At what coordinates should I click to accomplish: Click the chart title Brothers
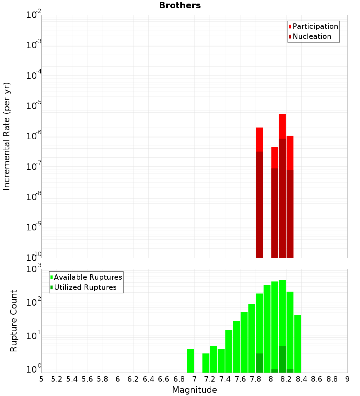pyautogui.click(x=180, y=6)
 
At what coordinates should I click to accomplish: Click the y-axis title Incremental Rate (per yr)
pyautogui.click(x=7, y=136)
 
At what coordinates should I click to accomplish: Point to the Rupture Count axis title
pyautogui.click(x=14, y=320)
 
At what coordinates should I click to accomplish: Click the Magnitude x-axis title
pyautogui.click(x=194, y=390)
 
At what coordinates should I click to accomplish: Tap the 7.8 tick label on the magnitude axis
pyautogui.click(x=256, y=379)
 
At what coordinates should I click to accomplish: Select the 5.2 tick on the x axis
pyautogui.click(x=57, y=379)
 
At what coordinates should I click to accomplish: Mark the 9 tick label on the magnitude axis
pyautogui.click(x=347, y=379)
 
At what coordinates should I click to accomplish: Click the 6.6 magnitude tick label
pyautogui.click(x=164, y=379)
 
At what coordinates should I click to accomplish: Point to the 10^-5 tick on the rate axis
pyautogui.click(x=34, y=106)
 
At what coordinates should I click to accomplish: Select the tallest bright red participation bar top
pyautogui.click(x=282, y=115)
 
